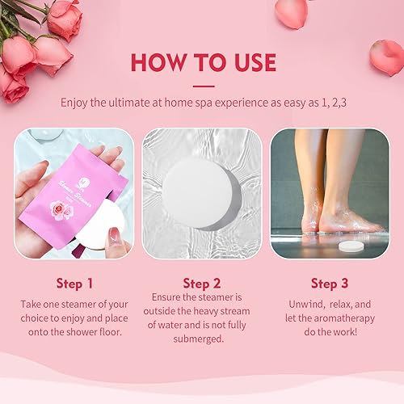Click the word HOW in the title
[x=154, y=62]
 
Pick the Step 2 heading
[x=202, y=283]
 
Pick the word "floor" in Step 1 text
[x=110, y=333]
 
